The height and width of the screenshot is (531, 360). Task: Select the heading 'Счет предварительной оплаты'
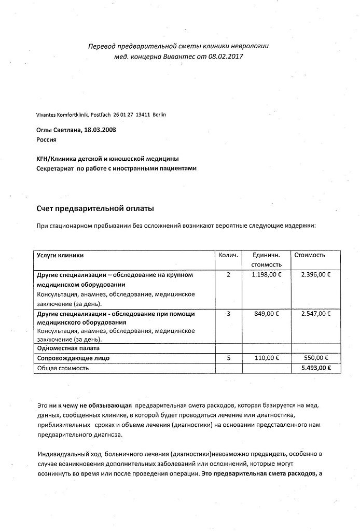[94, 208]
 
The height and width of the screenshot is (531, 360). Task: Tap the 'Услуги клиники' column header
[60, 255]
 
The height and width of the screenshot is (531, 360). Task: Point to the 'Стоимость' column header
[310, 255]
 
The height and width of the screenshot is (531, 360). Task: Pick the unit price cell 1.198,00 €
[266, 274]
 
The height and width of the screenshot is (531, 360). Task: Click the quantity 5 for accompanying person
[228, 358]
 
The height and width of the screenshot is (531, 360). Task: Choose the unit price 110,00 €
[266, 358]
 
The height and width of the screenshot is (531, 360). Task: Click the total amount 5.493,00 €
[312, 368]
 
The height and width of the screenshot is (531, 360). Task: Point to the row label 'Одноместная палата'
[67, 348]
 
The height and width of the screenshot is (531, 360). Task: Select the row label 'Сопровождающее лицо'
[73, 358]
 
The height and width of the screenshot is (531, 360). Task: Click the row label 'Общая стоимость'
[62, 368]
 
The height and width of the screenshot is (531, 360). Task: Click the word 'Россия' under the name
[47, 139]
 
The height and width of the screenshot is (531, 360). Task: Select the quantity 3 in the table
[228, 314]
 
